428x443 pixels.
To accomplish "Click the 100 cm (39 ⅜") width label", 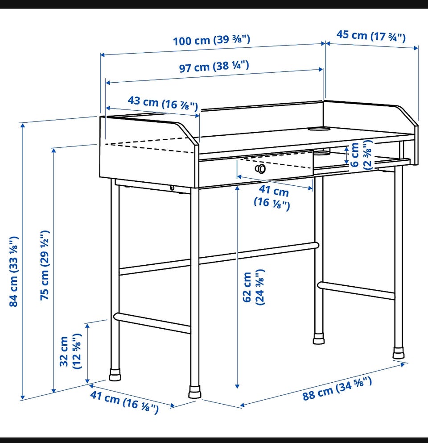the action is point(211,40).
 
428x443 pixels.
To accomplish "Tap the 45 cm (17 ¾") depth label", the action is point(371,36).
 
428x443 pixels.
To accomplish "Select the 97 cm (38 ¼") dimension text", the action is point(214,67).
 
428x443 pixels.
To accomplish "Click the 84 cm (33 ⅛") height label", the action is point(14,271).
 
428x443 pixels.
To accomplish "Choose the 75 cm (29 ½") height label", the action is point(45,265).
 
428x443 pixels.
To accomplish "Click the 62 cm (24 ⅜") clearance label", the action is point(254,287).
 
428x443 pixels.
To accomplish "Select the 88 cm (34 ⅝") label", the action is point(337,389).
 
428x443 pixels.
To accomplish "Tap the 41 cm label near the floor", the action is point(124,402).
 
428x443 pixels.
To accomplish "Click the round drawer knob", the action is point(260,169).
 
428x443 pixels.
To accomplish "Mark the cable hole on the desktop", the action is point(319,129).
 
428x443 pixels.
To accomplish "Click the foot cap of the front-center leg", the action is point(195,392).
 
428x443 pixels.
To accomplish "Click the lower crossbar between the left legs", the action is point(152,323).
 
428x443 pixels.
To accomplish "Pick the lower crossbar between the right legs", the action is point(356,290).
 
